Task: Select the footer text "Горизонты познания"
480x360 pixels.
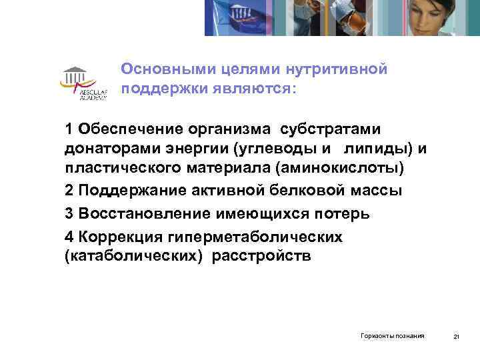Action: click(x=392, y=335)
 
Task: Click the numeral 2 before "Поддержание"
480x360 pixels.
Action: click(x=69, y=190)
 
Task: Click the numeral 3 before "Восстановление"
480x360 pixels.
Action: click(x=69, y=214)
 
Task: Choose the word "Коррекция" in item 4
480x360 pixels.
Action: click(x=115, y=238)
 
